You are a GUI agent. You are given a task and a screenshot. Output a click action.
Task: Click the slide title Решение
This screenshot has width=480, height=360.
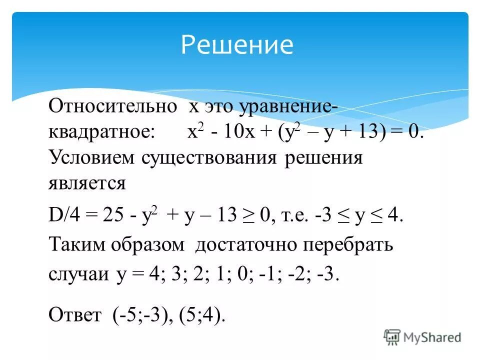tap(236, 44)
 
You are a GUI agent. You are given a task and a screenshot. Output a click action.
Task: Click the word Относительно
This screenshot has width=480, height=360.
tap(113, 107)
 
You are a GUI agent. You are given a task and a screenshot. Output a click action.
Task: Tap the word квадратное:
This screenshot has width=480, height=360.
tap(102, 133)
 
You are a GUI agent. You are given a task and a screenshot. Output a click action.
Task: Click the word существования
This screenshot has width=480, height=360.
tap(209, 158)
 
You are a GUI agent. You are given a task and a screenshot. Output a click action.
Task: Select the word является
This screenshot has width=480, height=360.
tap(87, 184)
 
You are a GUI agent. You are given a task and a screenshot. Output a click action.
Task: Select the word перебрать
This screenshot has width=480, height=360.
tap(350, 245)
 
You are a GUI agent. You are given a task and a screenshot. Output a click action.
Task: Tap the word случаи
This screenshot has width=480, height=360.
tap(78, 275)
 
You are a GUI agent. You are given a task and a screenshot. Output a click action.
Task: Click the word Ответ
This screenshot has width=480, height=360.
tap(74, 315)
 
